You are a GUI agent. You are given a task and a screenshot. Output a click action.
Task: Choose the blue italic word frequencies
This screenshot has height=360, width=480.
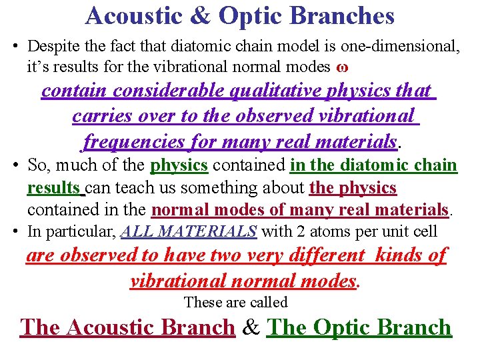tap(133, 141)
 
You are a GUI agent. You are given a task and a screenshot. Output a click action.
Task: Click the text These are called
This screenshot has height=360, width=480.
tap(235, 302)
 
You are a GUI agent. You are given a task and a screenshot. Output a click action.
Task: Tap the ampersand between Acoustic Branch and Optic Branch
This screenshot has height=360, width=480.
tap(251, 328)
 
